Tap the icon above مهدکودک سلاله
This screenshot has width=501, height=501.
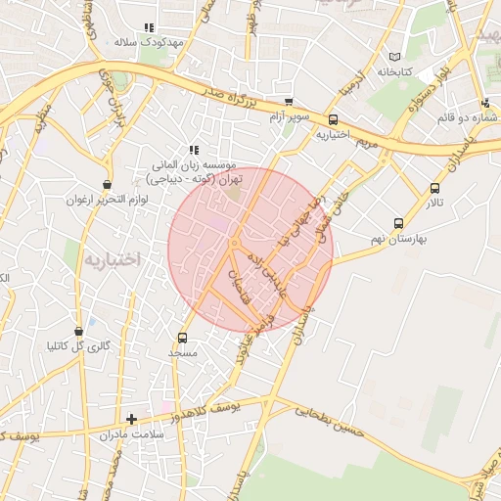(x=149, y=27)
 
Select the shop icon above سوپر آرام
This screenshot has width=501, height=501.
(x=288, y=102)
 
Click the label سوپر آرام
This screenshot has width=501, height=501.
(x=290, y=117)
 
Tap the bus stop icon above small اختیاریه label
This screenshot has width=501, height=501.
(x=333, y=119)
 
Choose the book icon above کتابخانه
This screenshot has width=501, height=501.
(x=395, y=57)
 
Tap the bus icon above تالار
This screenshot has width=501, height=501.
(x=434, y=188)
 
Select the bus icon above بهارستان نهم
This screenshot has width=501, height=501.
(x=397, y=222)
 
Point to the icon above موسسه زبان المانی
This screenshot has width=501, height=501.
(x=194, y=150)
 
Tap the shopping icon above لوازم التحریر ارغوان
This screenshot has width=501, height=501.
(x=107, y=184)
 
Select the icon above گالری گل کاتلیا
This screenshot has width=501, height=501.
(x=78, y=332)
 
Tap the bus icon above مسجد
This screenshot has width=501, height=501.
(x=183, y=338)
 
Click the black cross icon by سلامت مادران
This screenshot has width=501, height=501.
(x=131, y=419)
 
